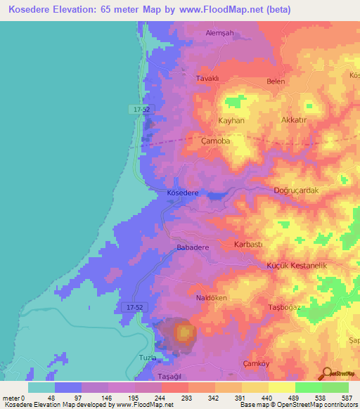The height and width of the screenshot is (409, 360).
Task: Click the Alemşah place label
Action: pos(219,33)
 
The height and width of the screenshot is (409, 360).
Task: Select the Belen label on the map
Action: pos(275,82)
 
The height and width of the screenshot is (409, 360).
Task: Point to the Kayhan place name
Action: pos(231,121)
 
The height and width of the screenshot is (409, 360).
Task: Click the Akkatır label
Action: pos(295,121)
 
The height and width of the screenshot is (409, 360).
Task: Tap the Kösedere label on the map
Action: pos(184,193)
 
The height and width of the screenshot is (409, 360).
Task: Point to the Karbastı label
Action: pos(247,245)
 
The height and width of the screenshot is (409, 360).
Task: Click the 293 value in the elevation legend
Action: pos(187,398)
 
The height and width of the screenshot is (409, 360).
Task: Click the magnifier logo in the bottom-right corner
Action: pos(328,373)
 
